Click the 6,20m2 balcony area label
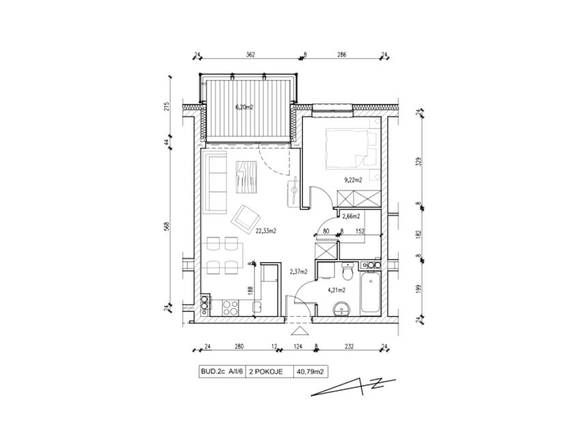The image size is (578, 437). coord(244,108)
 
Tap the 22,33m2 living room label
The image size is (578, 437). coord(265,231)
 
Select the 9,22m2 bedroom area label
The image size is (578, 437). coord(353,180)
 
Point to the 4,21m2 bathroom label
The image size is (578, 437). coord(336,290)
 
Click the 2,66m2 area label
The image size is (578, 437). coord(351,216)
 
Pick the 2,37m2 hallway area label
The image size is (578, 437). coord(299,272)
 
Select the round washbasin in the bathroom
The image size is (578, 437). coord(342,309)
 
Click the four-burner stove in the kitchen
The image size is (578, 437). coord(231,308)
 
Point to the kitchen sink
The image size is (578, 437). coord(258,307)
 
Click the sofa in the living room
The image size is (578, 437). coord(214,182)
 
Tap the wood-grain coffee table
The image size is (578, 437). coord(246,176)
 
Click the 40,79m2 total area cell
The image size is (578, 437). coord(310,372)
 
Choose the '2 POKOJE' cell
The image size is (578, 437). coord(266,372)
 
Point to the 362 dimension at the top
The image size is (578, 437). coord(250,55)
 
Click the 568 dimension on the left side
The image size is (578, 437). coord(167,226)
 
